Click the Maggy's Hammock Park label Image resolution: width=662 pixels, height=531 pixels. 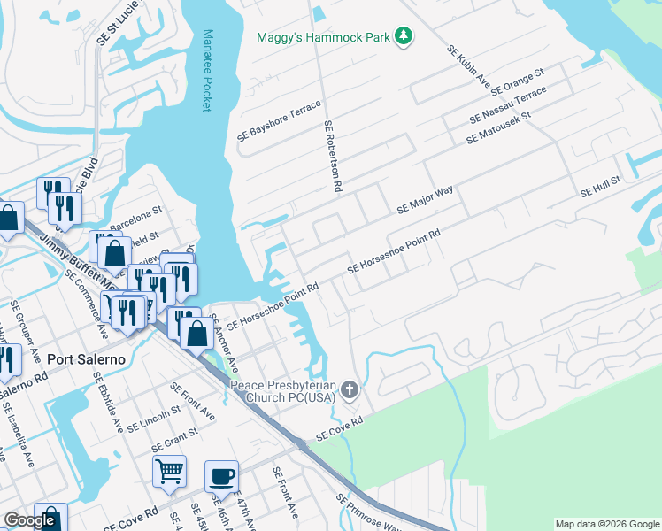point(323,37)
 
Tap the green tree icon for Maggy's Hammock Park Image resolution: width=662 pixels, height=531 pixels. point(404,35)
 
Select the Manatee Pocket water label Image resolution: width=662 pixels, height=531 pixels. point(207,70)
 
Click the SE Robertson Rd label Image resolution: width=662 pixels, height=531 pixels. point(332,157)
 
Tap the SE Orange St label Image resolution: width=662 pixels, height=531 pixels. point(517,81)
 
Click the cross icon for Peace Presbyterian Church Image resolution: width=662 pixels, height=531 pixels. point(350,389)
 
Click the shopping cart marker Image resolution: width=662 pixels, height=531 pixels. point(168,472)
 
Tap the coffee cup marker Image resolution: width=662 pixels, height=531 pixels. point(221,476)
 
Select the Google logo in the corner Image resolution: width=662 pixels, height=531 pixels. point(29,520)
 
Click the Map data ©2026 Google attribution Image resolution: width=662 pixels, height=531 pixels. point(606,524)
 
